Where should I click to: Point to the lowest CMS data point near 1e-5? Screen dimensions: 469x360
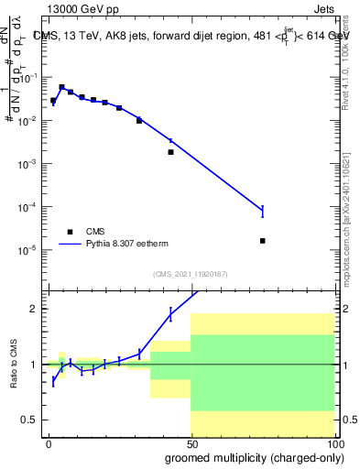263,241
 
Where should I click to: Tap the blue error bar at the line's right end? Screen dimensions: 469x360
263,211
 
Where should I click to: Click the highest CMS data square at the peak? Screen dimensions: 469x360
61,87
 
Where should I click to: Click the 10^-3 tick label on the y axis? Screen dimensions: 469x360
30,164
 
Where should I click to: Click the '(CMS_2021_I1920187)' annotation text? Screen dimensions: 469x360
191,274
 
